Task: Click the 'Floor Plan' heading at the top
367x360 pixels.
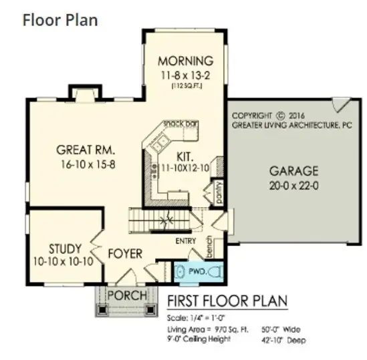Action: (60, 19)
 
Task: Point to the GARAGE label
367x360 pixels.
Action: (293, 170)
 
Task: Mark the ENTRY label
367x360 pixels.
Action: (185, 240)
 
